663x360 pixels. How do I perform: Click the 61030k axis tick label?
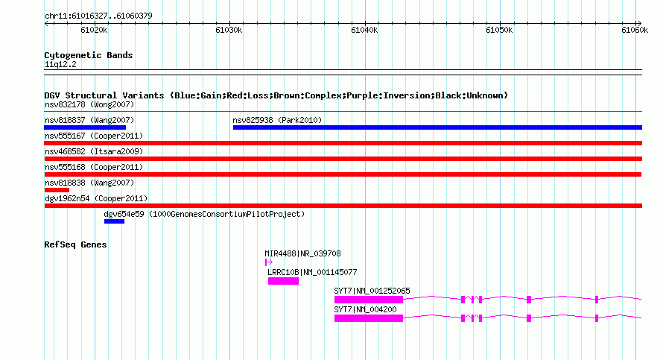pyautogui.click(x=229, y=30)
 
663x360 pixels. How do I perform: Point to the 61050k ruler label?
pyautogui.click(x=499, y=30)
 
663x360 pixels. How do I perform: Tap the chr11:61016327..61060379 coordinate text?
pyautogui.click(x=98, y=16)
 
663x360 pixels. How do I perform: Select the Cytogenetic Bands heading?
pyautogui.click(x=89, y=55)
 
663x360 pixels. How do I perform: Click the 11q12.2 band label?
pyautogui.click(x=60, y=64)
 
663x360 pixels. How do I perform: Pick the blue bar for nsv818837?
pyautogui.click(x=85, y=127)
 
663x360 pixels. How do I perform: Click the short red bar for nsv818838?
pyautogui.click(x=57, y=190)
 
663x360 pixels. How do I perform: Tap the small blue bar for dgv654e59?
pyautogui.click(x=114, y=221)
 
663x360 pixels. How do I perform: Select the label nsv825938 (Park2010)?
pyautogui.click(x=277, y=120)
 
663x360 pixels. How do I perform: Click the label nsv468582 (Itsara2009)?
pyautogui.click(x=94, y=151)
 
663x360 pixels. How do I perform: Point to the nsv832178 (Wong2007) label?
pyautogui.click(x=89, y=104)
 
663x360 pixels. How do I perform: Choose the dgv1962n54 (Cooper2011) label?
pyautogui.click(x=96, y=198)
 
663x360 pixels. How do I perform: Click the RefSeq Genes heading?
pyautogui.click(x=75, y=244)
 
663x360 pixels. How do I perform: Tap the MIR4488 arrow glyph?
pyautogui.click(x=268, y=262)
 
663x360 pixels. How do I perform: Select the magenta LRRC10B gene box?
pyautogui.click(x=283, y=281)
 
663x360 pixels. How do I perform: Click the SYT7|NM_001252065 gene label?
pyautogui.click(x=372, y=291)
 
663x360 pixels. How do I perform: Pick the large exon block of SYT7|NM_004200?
pyautogui.click(x=369, y=318)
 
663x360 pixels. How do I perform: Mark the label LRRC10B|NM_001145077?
pyautogui.click(x=312, y=273)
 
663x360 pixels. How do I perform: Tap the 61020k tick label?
pyautogui.click(x=94, y=30)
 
